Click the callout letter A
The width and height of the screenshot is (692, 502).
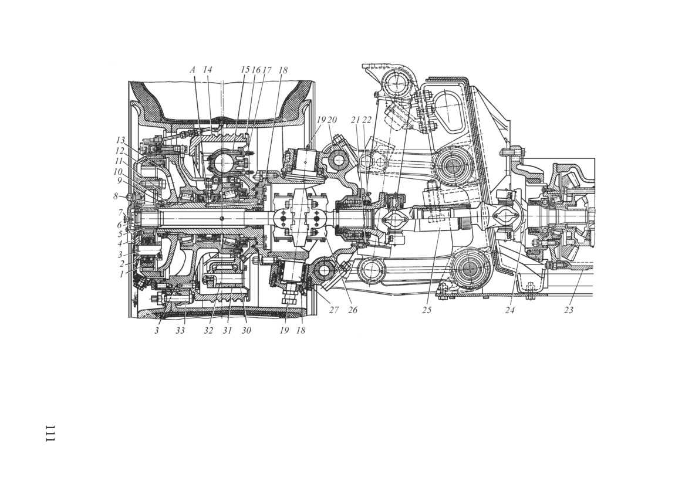(193, 70)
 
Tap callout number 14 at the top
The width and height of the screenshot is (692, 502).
(207, 70)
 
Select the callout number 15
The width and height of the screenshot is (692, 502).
(245, 70)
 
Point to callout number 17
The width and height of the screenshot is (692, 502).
(266, 70)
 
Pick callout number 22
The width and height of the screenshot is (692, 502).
(367, 120)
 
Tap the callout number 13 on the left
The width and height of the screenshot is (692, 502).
(120, 140)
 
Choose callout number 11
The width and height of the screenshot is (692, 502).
(119, 161)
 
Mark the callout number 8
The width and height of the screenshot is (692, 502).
(116, 196)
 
